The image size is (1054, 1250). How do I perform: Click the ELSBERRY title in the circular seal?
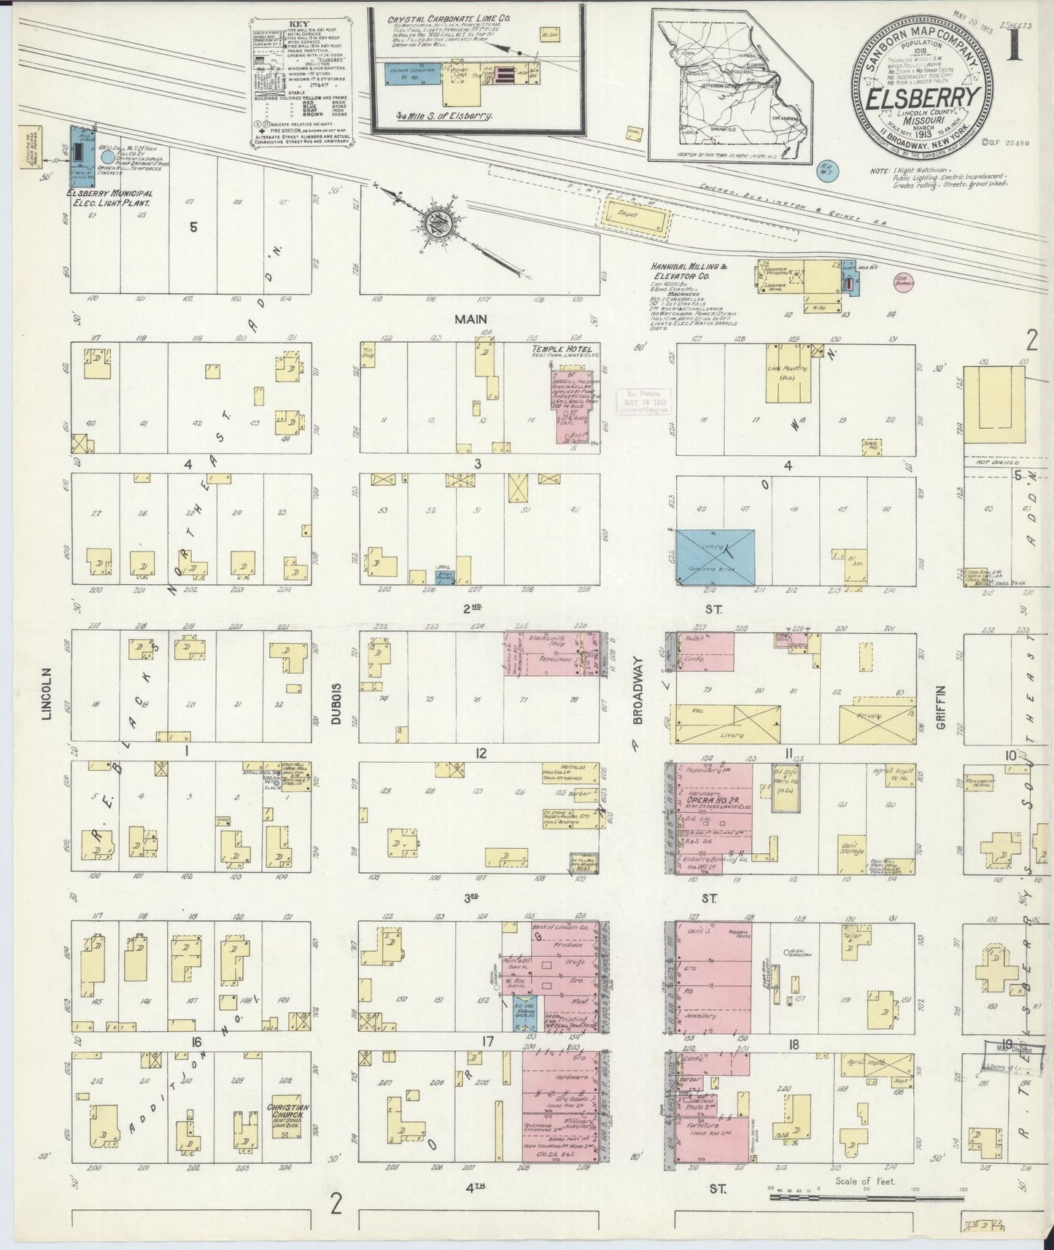click(923, 99)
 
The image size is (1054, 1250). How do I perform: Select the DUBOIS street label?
click(336, 704)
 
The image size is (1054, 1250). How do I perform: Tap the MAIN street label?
click(470, 319)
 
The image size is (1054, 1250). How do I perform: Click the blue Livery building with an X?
click(715, 556)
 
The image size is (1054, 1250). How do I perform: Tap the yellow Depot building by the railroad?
click(632, 219)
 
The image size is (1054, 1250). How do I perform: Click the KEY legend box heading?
click(298, 23)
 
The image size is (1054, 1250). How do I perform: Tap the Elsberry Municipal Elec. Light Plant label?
click(109, 198)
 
